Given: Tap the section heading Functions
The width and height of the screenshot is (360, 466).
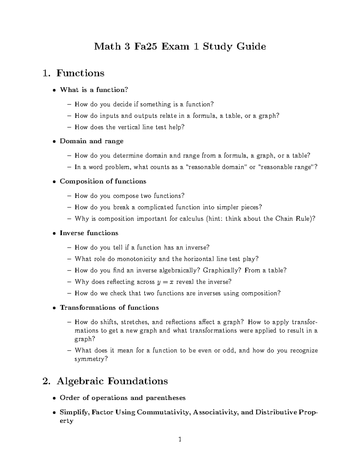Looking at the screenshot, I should click(80, 73).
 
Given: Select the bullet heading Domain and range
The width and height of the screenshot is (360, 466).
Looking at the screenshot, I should click(91, 141).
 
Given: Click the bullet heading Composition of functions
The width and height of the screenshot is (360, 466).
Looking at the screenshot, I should click(103, 181).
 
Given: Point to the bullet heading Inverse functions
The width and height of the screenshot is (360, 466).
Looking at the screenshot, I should click(89, 233).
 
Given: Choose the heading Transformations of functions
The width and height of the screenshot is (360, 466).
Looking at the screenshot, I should click(109, 308).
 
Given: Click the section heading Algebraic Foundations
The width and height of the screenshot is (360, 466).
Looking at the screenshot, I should click(112, 381).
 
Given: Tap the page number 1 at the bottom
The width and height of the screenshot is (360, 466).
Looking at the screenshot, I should click(180, 440).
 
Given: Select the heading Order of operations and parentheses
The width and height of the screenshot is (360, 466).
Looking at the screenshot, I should click(122, 398).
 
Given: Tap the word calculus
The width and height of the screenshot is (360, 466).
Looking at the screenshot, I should click(191, 219).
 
